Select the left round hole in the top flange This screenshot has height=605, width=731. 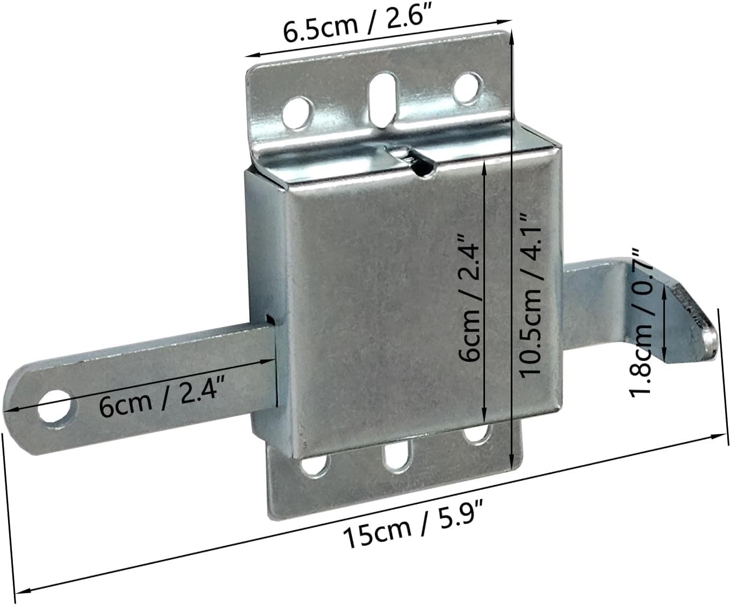298,112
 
